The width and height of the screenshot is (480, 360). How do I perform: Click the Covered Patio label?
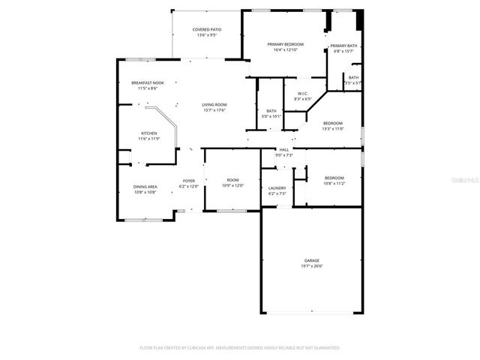click(206, 29)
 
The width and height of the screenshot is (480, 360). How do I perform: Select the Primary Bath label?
click(343, 46)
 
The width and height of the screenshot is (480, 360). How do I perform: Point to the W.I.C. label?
click(302, 94)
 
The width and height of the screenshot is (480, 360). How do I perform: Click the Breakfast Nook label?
click(148, 82)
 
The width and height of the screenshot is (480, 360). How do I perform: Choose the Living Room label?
click(214, 104)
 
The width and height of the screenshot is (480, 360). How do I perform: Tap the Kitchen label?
click(148, 133)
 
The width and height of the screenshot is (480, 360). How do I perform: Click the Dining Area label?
click(145, 187)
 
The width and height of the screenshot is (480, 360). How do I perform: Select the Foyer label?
click(189, 181)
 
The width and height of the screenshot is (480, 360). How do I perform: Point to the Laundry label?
click(277, 188)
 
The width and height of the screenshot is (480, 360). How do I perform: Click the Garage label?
click(312, 260)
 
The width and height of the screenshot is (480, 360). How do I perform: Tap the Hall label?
click(284, 150)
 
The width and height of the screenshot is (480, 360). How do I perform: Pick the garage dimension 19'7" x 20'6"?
click(312, 266)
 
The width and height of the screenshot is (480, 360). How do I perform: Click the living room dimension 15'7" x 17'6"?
click(214, 110)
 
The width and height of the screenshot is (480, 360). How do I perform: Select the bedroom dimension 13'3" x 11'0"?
click(333, 129)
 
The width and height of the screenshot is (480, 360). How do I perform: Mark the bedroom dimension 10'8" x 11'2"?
click(334, 183)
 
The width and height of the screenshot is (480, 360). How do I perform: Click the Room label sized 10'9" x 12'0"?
click(233, 180)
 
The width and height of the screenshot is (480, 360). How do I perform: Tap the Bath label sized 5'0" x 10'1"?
click(271, 111)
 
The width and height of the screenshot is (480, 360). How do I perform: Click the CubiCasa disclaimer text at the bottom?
click(240, 348)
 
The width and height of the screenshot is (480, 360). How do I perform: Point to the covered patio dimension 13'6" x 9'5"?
click(206, 35)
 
